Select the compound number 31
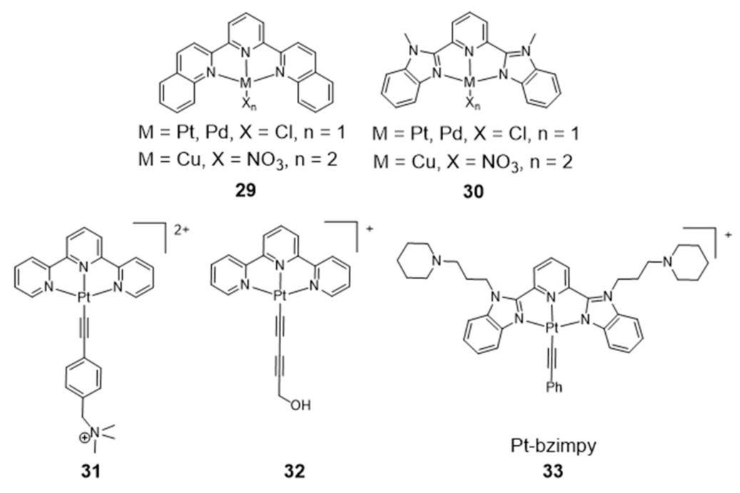click(x=100, y=470)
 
